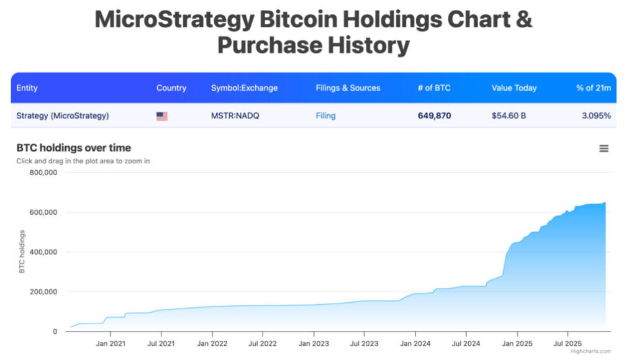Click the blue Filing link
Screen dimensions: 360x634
325,115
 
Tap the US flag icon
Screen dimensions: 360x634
162,116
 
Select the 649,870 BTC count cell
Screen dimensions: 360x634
434,115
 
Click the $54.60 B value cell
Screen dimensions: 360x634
509,115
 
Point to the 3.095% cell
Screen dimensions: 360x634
597,115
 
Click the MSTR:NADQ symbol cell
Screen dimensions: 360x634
237,115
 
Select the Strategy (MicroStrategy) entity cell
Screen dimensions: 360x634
62,115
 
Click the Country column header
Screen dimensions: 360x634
171,88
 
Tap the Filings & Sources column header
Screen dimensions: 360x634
348,88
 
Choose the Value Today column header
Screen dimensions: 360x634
514,88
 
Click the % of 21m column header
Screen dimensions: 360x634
593,88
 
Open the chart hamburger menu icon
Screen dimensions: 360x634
604,148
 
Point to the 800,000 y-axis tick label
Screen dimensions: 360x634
43,173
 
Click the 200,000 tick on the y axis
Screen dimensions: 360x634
43,292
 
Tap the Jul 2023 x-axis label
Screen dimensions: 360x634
364,343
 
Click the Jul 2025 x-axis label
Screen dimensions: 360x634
566,343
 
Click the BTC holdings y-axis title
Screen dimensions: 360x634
22,251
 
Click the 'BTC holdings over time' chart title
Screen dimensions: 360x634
73,148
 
